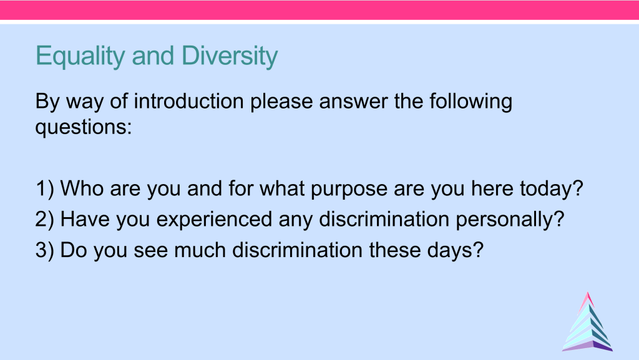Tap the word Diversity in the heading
[x=230, y=57]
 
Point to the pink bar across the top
[x=319, y=9]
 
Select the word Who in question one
[x=82, y=188]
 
